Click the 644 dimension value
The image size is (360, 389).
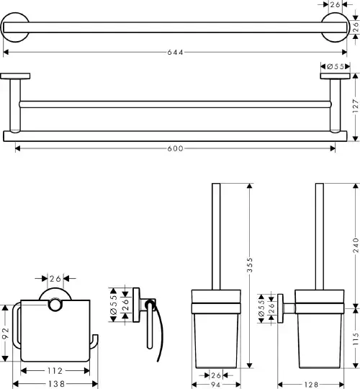click(175, 53)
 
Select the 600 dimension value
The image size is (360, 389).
click(175, 148)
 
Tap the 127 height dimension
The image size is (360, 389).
click(356, 106)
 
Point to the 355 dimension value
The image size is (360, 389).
click(250, 264)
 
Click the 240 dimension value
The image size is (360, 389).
click(356, 245)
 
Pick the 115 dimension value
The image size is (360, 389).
click(356, 339)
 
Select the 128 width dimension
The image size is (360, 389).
click(311, 385)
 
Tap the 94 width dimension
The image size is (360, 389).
click(215, 385)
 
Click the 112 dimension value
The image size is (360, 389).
click(55, 371)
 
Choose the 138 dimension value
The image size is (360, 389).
click(57, 384)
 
